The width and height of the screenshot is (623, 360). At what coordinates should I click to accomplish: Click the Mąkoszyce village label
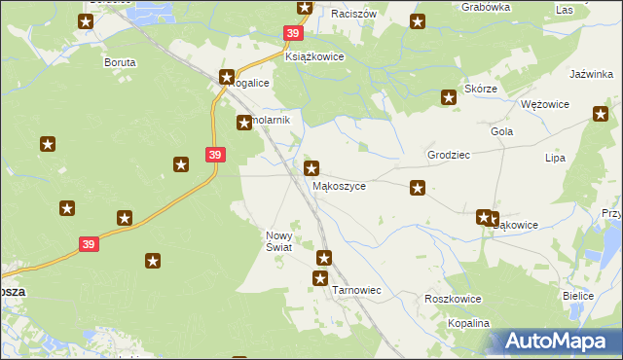pos(339,186)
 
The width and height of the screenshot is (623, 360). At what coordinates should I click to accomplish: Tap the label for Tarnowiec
pos(356,290)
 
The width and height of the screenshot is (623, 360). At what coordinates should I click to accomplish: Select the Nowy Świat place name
pos(278,241)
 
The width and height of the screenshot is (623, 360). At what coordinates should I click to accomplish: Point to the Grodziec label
pos(449,155)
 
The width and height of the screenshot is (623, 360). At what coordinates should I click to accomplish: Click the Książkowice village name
pos(314,57)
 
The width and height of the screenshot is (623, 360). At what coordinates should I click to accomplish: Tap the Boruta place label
pos(120,62)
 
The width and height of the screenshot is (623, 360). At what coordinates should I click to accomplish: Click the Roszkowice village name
pos(454,299)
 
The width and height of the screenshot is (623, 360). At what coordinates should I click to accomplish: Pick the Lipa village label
pos(556,157)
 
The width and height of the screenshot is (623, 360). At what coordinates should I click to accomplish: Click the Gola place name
pos(502,131)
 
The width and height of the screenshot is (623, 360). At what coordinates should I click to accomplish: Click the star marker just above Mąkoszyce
pos(311,168)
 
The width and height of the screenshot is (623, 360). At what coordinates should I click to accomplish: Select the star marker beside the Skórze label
pos(449,96)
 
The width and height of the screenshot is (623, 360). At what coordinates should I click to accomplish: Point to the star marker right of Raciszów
pos(418,21)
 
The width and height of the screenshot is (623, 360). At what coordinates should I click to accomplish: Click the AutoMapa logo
pos(554,342)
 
